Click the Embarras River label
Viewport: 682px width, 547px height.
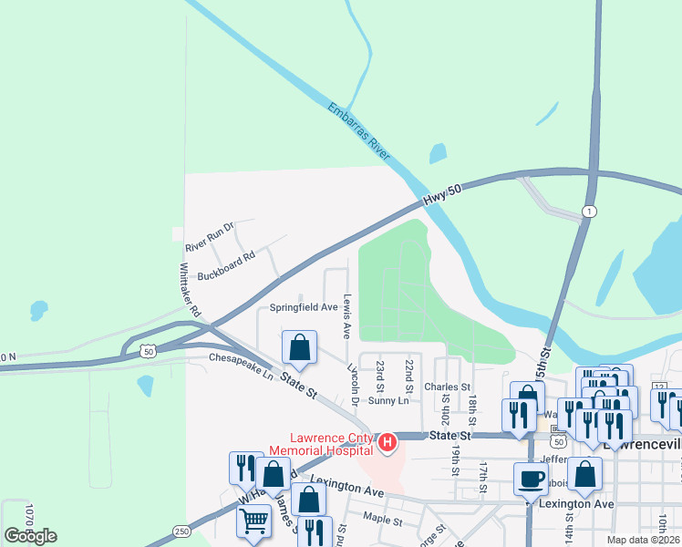(359, 132)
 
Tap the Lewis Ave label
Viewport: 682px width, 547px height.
(346, 315)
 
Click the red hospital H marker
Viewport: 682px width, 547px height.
(387, 443)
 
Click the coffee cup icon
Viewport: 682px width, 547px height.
(531, 479)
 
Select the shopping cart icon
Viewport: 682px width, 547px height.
(253, 521)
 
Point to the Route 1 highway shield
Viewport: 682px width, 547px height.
(590, 212)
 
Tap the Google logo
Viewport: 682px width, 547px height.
(31, 535)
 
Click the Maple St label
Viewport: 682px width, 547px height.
(382, 521)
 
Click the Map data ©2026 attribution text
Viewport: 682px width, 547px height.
(644, 540)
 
